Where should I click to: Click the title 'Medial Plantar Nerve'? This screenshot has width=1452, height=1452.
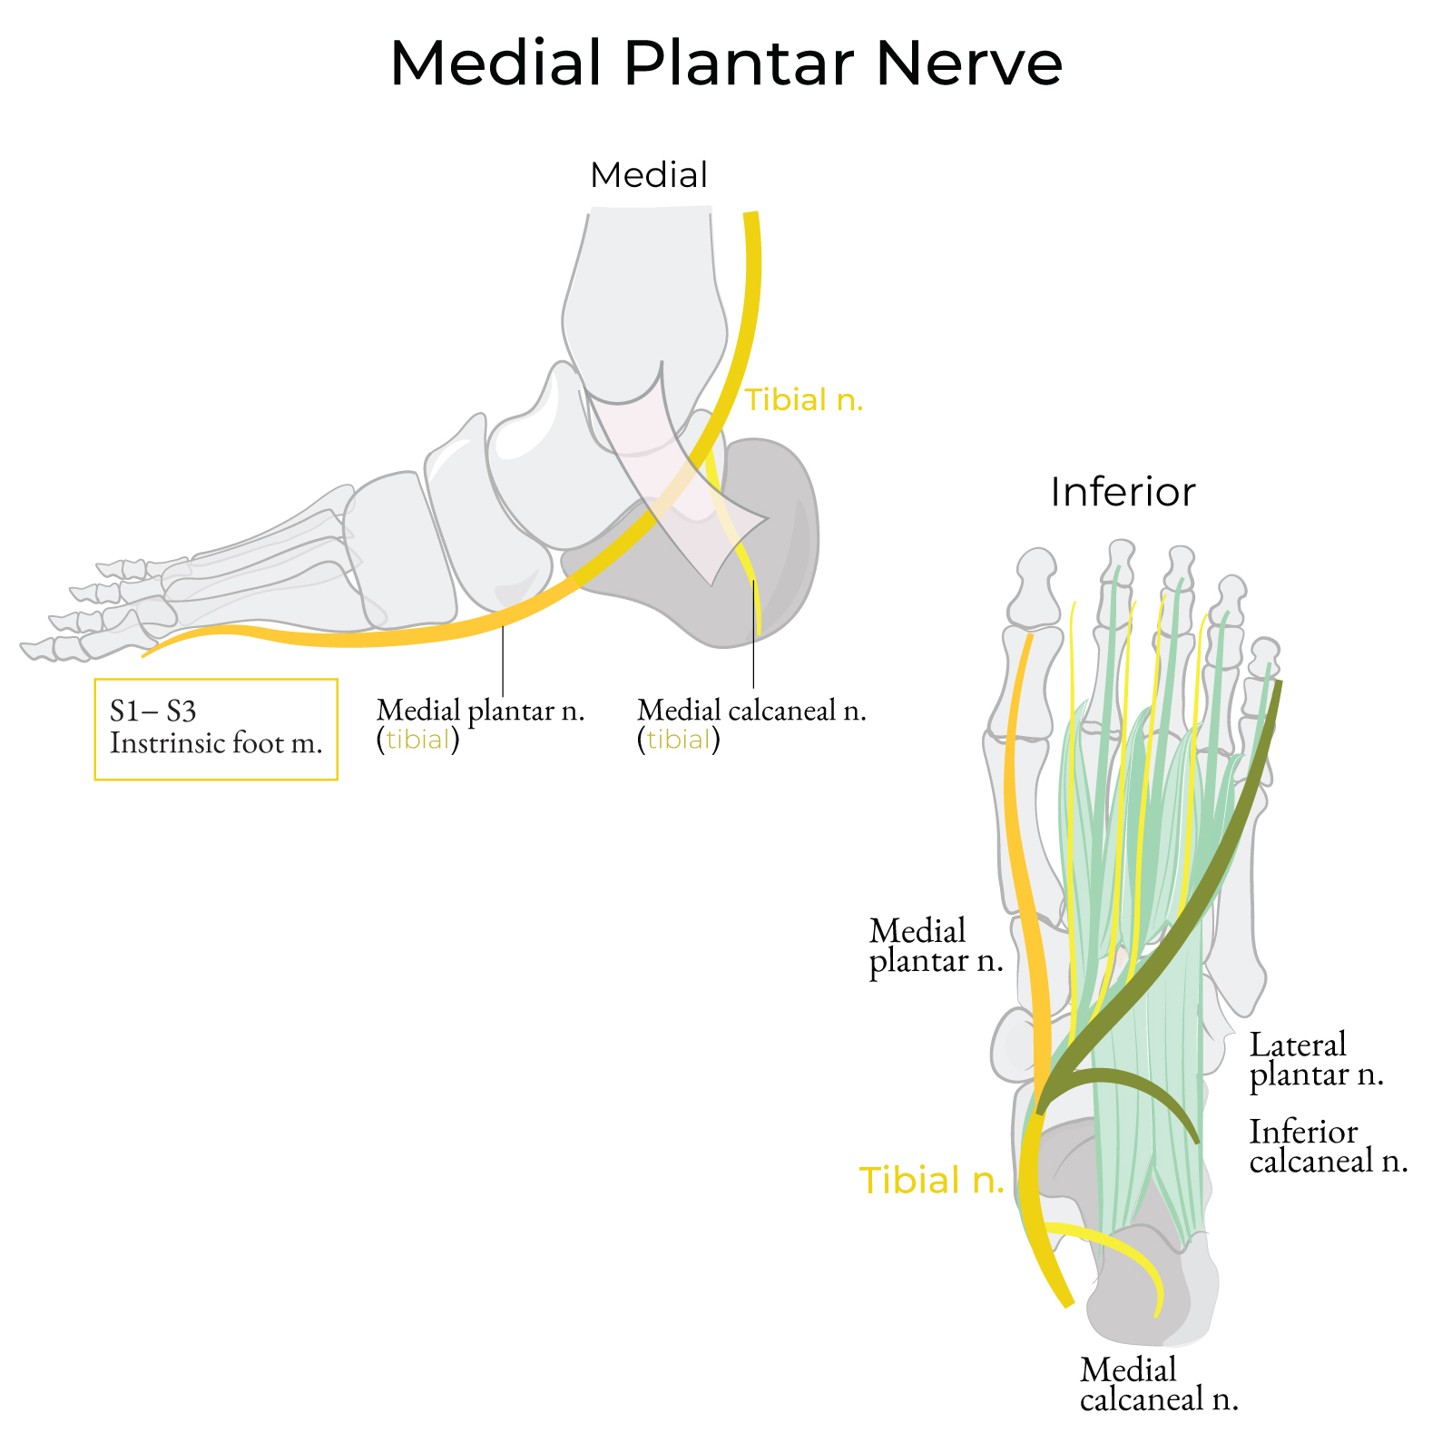click(x=726, y=64)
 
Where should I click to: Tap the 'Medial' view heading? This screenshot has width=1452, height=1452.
click(x=648, y=175)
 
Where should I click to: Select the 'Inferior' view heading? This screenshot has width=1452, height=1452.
click(x=1123, y=493)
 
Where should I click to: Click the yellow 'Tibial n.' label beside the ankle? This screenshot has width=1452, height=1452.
click(x=804, y=399)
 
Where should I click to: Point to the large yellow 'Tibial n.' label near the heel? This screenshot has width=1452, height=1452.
click(x=932, y=1180)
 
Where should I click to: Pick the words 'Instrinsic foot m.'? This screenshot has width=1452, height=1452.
click(x=216, y=743)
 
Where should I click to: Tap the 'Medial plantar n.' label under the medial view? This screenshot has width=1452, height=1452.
click(x=480, y=710)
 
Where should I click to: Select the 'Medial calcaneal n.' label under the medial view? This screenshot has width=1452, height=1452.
click(x=751, y=710)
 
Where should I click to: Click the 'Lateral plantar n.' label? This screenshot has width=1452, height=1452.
click(x=1315, y=1059)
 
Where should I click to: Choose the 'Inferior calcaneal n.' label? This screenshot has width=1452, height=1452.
click(x=1328, y=1146)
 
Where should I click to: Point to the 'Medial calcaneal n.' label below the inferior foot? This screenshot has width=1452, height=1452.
click(x=1158, y=1384)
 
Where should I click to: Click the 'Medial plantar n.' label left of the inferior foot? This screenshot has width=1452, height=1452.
click(x=935, y=946)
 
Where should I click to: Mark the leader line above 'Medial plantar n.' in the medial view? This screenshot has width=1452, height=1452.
click(x=503, y=662)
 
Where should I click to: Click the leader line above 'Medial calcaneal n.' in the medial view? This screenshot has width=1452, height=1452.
click(x=754, y=635)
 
